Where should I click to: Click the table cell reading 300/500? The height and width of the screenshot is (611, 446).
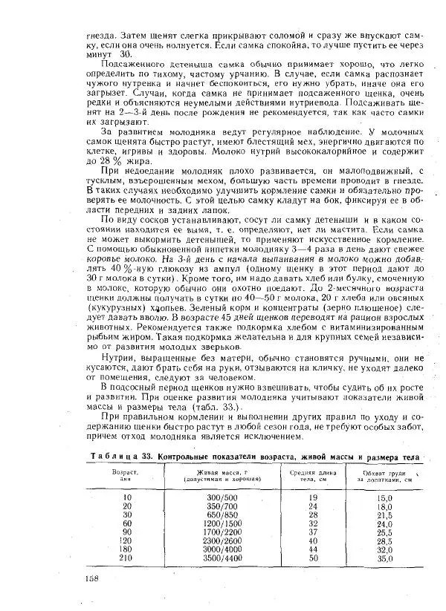coord(216,497)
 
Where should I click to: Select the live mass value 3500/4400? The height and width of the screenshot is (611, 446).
coord(216,558)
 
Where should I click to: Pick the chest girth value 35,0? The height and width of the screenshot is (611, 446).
coord(384,558)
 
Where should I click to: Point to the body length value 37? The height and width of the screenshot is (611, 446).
coord(313,532)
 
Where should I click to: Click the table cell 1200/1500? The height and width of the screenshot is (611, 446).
coord(216,523)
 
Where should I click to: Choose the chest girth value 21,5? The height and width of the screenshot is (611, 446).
coord(384,514)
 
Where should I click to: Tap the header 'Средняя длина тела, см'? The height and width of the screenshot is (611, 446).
coord(313,475)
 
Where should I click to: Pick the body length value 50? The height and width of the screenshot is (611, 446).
coord(313,558)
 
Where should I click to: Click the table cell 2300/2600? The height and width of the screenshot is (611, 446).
coord(216,540)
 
